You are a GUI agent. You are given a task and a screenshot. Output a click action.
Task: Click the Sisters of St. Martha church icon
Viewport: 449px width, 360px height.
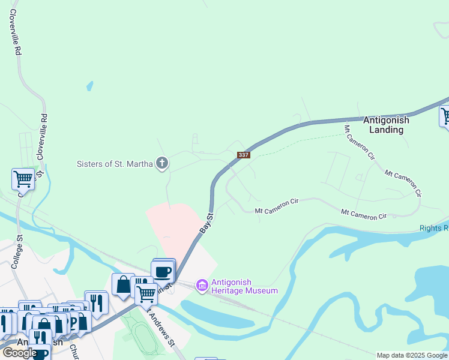[x=161, y=163]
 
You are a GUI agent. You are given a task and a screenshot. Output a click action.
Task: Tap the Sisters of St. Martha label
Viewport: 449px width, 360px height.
[x=115, y=163]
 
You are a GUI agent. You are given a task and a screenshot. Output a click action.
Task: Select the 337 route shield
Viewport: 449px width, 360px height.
[x=243, y=155]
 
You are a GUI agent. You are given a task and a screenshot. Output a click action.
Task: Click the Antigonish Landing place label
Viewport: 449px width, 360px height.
[x=386, y=125]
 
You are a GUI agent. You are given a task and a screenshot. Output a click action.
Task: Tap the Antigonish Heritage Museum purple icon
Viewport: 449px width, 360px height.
[x=202, y=286]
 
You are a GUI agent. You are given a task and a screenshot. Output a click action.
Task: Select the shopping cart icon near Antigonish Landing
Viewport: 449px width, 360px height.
[x=446, y=115]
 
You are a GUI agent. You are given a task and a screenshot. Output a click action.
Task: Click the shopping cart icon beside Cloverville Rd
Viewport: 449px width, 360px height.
[x=23, y=178]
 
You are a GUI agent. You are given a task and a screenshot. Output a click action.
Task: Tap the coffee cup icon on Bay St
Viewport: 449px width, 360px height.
[x=164, y=271]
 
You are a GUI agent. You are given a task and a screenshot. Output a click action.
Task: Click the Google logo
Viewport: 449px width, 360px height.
[x=19, y=353]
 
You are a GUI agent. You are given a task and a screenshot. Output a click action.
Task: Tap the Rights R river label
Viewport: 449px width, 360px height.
[x=433, y=229]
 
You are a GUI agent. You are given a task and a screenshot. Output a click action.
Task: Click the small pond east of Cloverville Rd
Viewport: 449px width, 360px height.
[x=90, y=86]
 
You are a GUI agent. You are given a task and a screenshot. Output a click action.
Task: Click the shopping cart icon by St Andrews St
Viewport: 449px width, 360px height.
[x=146, y=294]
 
